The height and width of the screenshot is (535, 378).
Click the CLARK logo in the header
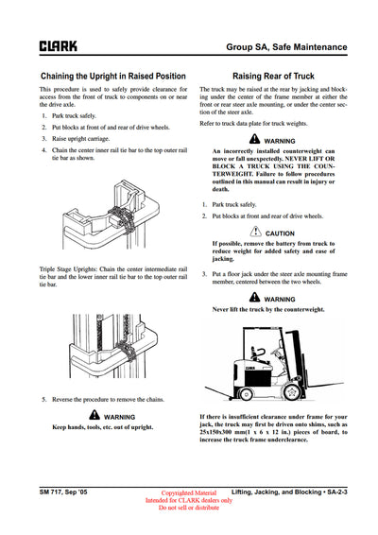[58, 44]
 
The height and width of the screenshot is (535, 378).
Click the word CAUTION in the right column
[280, 233]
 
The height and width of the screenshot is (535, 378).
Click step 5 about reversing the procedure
[105, 399]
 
